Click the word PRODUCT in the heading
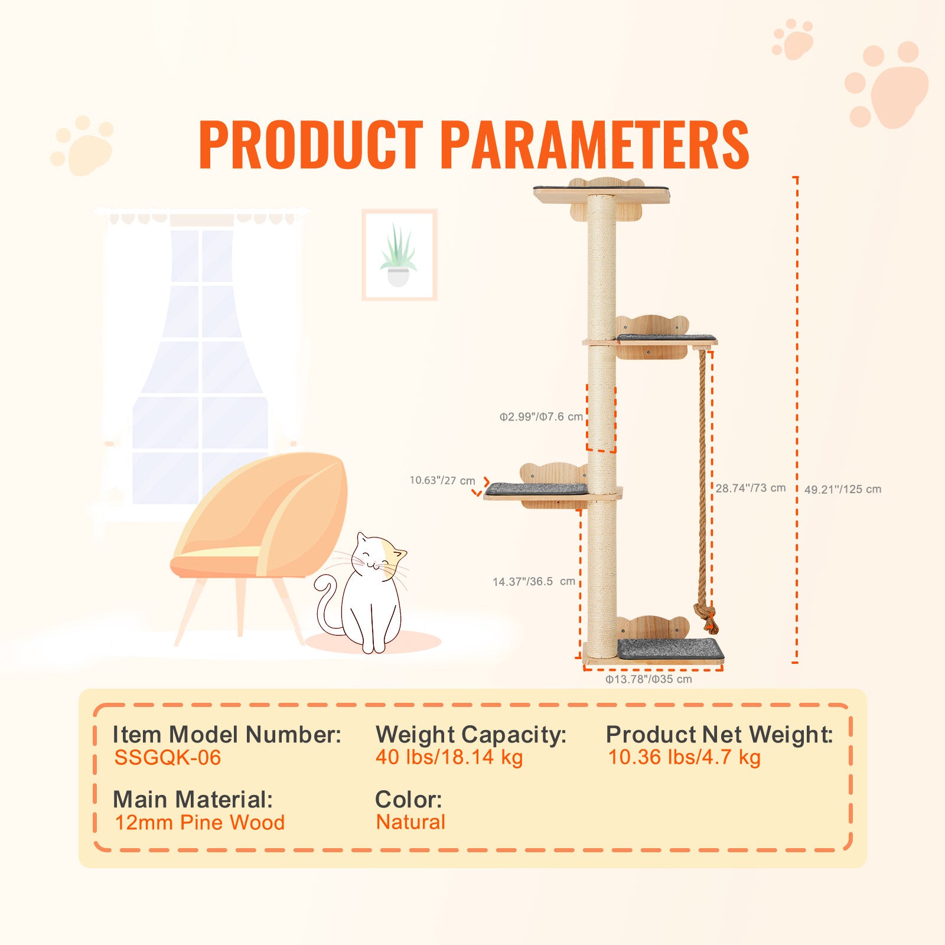tap(311, 145)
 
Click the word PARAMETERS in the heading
tap(594, 145)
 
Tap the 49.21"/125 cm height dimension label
tap(843, 489)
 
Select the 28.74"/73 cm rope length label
tap(751, 488)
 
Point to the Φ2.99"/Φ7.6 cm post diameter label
tap(541, 416)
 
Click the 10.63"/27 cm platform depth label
tap(442, 480)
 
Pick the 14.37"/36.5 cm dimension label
tap(534, 581)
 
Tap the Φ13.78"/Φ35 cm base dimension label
tap(649, 679)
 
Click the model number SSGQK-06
tap(168, 758)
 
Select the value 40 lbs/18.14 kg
tap(449, 757)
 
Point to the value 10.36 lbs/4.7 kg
tap(685, 757)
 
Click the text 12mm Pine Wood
tap(200, 822)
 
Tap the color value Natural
tap(411, 822)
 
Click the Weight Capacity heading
tap(471, 735)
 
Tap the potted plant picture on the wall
tap(399, 255)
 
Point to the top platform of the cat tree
tap(602, 194)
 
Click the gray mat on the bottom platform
tap(670, 649)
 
